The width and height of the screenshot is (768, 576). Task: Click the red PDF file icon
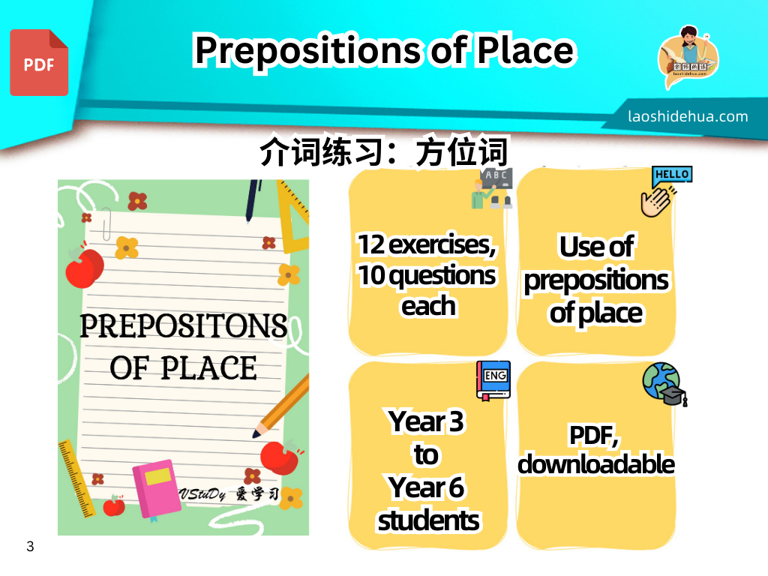coord(39,62)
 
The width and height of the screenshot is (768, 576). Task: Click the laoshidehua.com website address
coord(688,116)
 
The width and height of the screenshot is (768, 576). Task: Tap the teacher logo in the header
coord(688,57)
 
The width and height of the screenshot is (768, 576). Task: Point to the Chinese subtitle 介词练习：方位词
coord(384,151)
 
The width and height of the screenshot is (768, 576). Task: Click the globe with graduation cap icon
coord(664,385)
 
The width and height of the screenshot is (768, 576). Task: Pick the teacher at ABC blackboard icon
coord(492,188)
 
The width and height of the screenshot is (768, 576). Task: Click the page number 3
coord(30,546)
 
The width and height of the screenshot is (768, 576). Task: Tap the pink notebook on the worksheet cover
coord(157,488)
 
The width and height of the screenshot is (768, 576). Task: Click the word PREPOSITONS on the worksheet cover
coord(183,325)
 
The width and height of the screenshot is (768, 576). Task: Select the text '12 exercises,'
coord(427,244)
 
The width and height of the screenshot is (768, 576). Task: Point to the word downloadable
coord(596,463)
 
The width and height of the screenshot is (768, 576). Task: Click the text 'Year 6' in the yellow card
coord(426,487)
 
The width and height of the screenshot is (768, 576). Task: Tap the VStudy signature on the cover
coord(229,493)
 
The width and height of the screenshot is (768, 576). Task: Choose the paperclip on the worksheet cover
coord(106,223)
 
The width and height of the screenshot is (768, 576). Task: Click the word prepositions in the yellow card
coord(596,281)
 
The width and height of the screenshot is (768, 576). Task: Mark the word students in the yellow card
coord(428,520)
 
